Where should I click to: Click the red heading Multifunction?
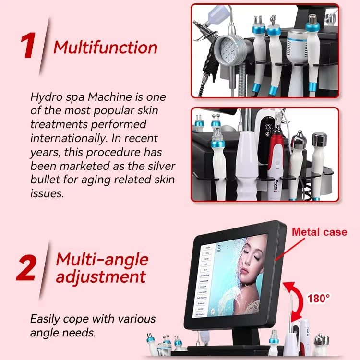(x=105, y=48)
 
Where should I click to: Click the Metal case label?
(x=319, y=232)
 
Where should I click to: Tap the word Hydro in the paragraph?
(x=44, y=96)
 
